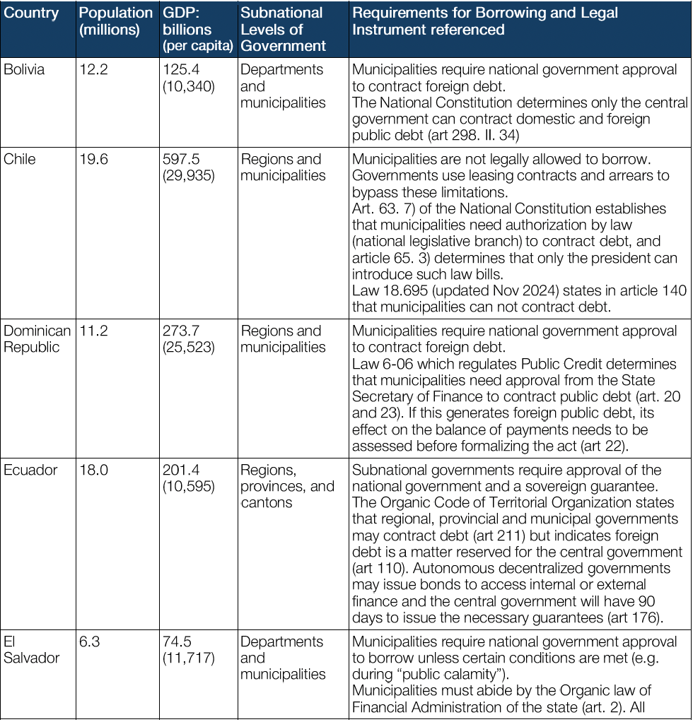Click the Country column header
(x=31, y=13)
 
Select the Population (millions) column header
(x=115, y=21)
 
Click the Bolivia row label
(x=24, y=70)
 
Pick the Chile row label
(x=19, y=160)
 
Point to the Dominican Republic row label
(x=37, y=339)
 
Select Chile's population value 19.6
(x=94, y=160)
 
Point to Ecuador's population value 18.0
(x=94, y=471)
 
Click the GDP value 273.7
(x=182, y=331)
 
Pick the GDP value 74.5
(x=178, y=642)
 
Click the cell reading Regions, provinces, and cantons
(x=287, y=487)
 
